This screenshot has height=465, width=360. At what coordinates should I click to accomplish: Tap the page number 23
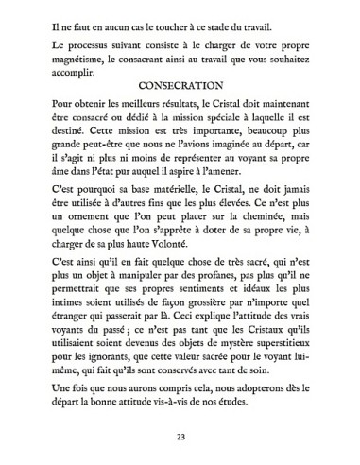[180, 437]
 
